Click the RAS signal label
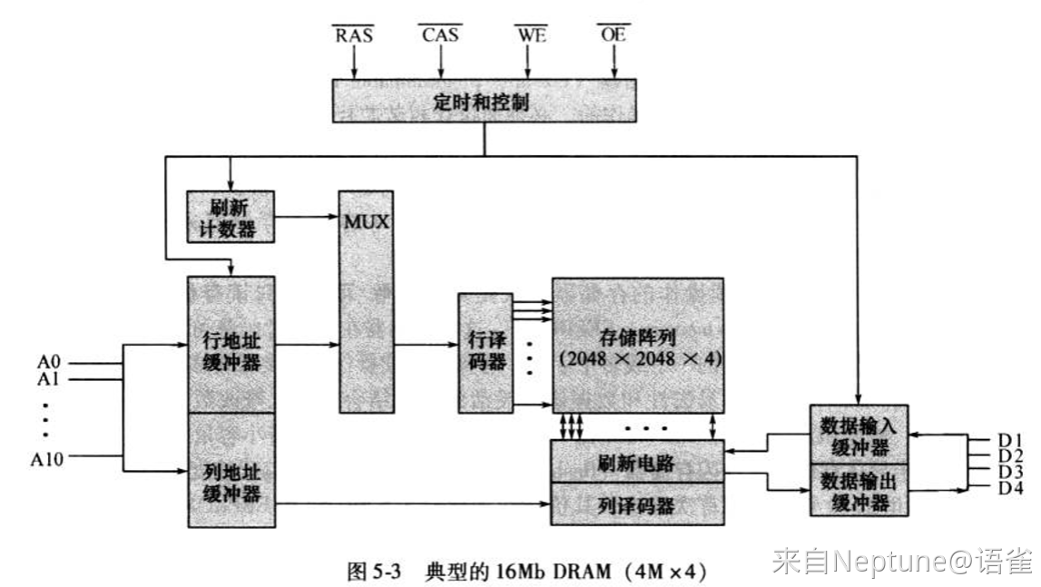(354, 34)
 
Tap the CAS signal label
(440, 34)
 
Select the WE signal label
(531, 34)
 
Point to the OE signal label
(614, 34)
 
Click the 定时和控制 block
(484, 101)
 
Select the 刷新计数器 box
(231, 217)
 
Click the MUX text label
(367, 221)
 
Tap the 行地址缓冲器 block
(231, 345)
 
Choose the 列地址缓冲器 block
(231, 470)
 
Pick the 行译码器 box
(486, 353)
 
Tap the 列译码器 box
(637, 504)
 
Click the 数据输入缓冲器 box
(859, 435)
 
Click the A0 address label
(48, 362)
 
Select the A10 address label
(47, 458)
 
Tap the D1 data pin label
(1010, 440)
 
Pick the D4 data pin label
(1010, 488)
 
